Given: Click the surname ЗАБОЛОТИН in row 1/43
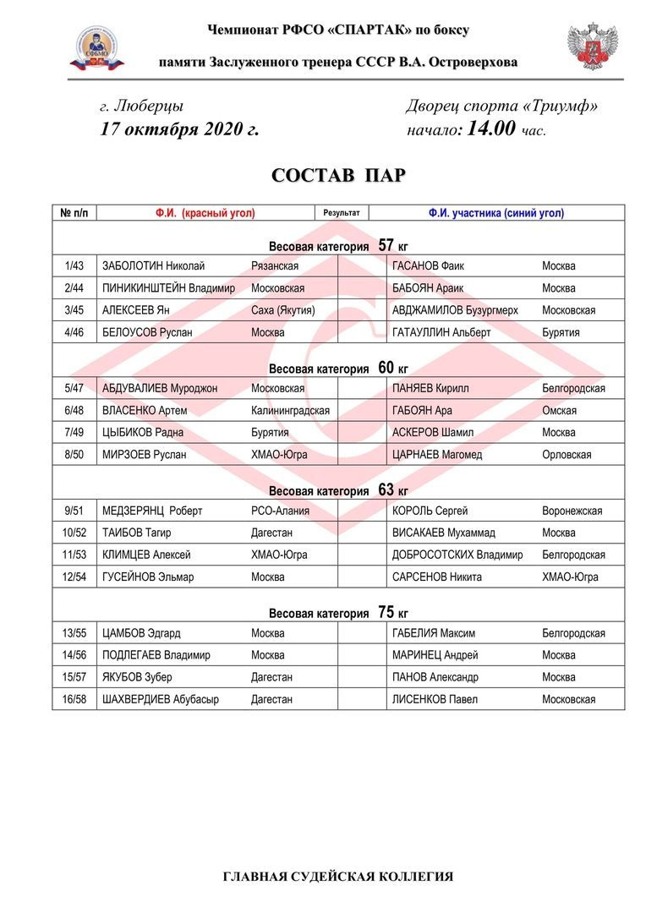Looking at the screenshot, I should (132, 266).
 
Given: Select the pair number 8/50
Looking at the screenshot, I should (75, 455).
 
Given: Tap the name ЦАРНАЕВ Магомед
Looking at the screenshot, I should (437, 455).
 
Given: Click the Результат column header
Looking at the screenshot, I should (342, 213).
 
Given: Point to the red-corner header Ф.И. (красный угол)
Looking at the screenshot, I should (205, 214).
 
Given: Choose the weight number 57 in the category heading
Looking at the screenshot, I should (386, 246).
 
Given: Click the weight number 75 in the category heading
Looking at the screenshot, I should (386, 613).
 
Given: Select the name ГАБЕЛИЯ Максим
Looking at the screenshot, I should (433, 633).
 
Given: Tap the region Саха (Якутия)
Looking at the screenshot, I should (282, 310).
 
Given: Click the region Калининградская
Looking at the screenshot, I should (290, 411).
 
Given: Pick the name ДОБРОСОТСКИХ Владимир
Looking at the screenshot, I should (457, 555).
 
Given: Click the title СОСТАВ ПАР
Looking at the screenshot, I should (338, 176).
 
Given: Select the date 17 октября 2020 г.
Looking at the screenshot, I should (179, 129).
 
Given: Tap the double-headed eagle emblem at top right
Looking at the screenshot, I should (592, 47).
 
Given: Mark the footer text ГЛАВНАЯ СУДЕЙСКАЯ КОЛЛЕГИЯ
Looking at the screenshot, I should (338, 877).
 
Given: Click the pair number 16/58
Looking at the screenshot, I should (75, 699).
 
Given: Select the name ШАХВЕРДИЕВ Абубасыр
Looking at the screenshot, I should (160, 699).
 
